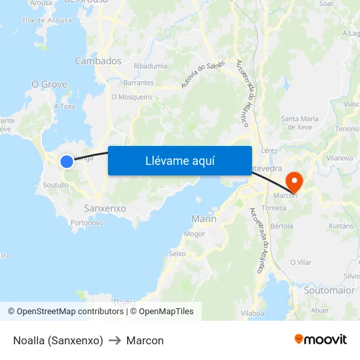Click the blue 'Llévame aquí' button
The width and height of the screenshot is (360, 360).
point(179,160)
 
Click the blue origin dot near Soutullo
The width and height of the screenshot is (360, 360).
point(67,161)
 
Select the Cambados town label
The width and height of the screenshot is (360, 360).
point(98,61)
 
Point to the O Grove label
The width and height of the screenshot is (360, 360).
point(50,84)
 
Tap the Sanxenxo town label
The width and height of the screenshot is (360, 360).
point(105,208)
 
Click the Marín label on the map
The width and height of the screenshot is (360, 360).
point(204,219)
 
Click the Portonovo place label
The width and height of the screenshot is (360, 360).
point(87,223)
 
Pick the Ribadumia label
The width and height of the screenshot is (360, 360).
point(150,66)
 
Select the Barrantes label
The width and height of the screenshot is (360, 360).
point(139,83)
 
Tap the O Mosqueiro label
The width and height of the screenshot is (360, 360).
point(132,97)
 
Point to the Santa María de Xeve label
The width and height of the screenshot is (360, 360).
point(300,122)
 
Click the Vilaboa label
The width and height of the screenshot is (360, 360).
point(252,314)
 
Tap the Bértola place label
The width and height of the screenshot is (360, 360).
point(281,226)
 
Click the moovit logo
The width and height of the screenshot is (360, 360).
point(320,340)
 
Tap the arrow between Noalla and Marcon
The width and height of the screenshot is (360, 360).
point(115,341)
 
